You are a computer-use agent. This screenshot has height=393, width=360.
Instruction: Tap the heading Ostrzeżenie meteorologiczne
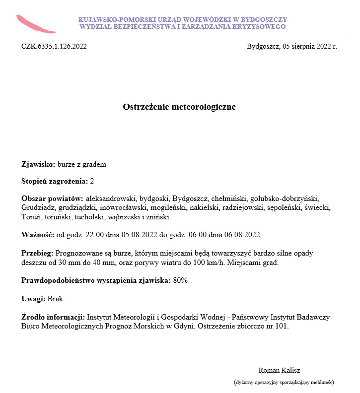[179, 107]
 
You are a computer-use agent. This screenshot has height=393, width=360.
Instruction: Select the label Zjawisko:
[38, 164]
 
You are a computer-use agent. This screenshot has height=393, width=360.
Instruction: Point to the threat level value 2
[92, 181]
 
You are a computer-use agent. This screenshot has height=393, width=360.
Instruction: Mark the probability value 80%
[180, 280]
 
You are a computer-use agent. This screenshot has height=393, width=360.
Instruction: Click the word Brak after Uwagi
[56, 298]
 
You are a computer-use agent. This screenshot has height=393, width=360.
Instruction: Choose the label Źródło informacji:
[54, 317]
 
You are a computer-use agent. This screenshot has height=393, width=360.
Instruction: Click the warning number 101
[282, 326]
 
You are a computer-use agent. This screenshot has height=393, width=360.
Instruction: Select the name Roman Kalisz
[279, 370]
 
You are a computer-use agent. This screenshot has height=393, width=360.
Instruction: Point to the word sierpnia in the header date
[304, 47]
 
